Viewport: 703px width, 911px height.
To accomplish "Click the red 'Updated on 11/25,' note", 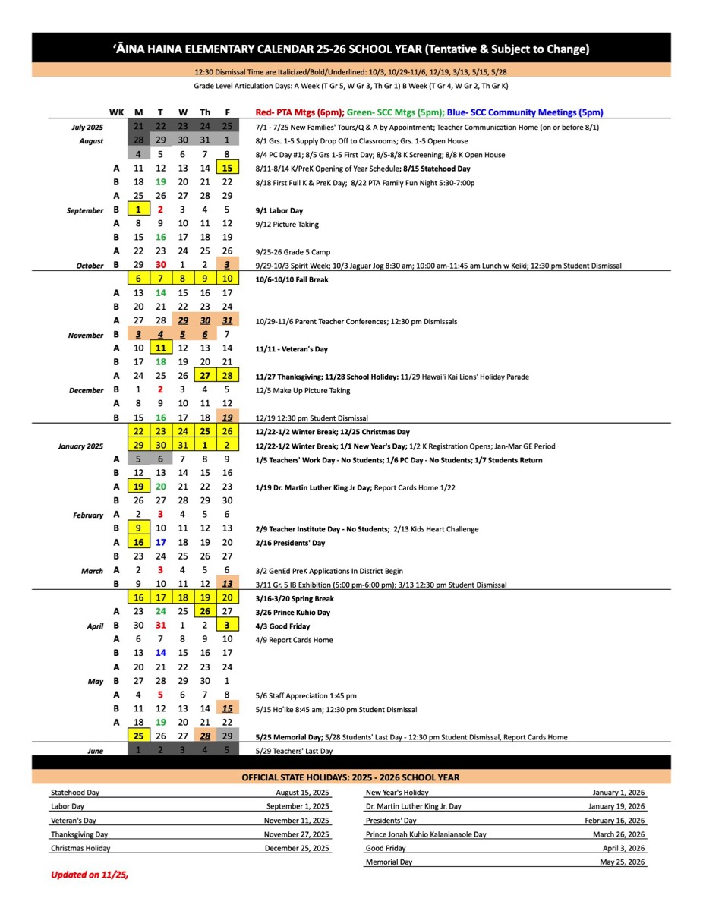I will [89, 874].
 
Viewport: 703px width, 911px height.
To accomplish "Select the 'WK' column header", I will [116, 112].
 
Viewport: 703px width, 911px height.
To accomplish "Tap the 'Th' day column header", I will [205, 112].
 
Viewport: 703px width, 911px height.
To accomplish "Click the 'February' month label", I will [88, 515].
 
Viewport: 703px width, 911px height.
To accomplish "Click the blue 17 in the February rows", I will [160, 543].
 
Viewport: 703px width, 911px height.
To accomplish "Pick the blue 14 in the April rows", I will [160, 653].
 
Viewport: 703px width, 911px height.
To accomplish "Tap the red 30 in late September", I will [160, 266].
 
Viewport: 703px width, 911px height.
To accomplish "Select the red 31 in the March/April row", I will [160, 626].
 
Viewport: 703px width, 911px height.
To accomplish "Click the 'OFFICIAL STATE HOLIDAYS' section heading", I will [351, 777].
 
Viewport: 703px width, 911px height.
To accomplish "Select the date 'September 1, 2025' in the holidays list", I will [298, 806].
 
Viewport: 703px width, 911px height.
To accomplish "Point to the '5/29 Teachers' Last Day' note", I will [295, 751].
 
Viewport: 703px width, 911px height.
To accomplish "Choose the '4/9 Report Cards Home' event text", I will [295, 640].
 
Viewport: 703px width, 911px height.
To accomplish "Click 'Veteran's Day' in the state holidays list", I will [74, 820].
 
